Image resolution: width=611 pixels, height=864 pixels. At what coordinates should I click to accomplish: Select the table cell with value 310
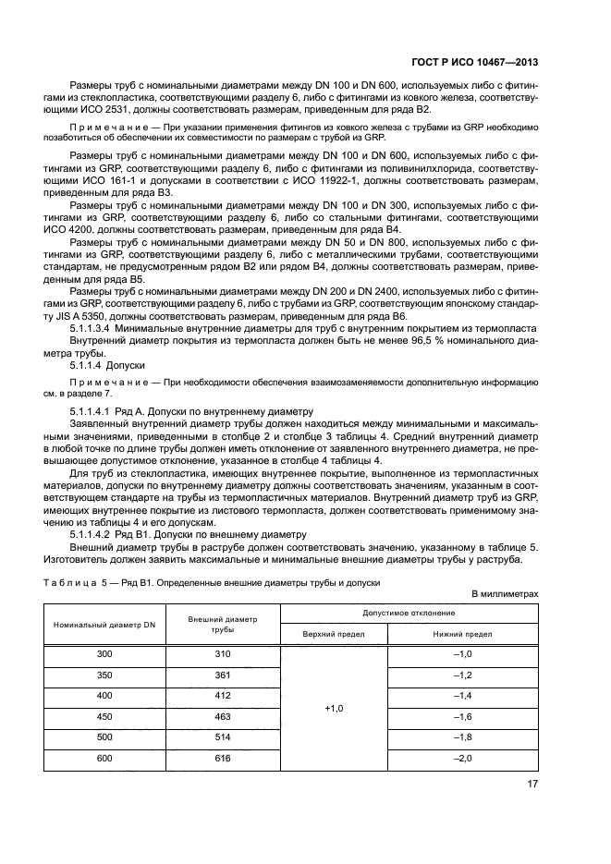pyautogui.click(x=222, y=654)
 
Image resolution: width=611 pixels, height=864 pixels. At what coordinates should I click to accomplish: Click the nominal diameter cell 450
pyautogui.click(x=104, y=715)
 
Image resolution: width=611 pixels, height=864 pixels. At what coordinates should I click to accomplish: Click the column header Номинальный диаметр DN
pyautogui.click(x=104, y=624)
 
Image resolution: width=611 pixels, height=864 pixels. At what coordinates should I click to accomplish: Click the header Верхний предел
pyautogui.click(x=334, y=634)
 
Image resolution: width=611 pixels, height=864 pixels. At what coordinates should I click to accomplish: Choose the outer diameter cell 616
pyautogui.click(x=222, y=757)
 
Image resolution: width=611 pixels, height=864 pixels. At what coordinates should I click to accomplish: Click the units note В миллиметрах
pyautogui.click(x=505, y=594)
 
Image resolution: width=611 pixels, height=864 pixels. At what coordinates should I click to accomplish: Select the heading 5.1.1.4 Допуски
pyautogui.click(x=104, y=365)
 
